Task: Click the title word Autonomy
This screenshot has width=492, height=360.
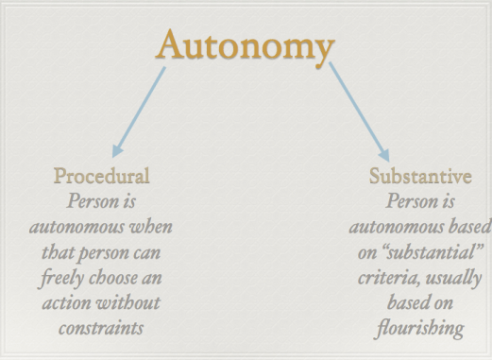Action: pos(246,45)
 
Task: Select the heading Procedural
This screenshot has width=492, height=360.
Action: pos(101,176)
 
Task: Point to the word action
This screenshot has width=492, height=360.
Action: pos(67,304)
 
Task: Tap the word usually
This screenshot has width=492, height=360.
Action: pos(450,279)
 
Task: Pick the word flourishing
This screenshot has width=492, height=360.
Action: pos(420,330)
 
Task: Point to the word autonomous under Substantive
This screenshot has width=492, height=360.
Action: pos(394,228)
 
